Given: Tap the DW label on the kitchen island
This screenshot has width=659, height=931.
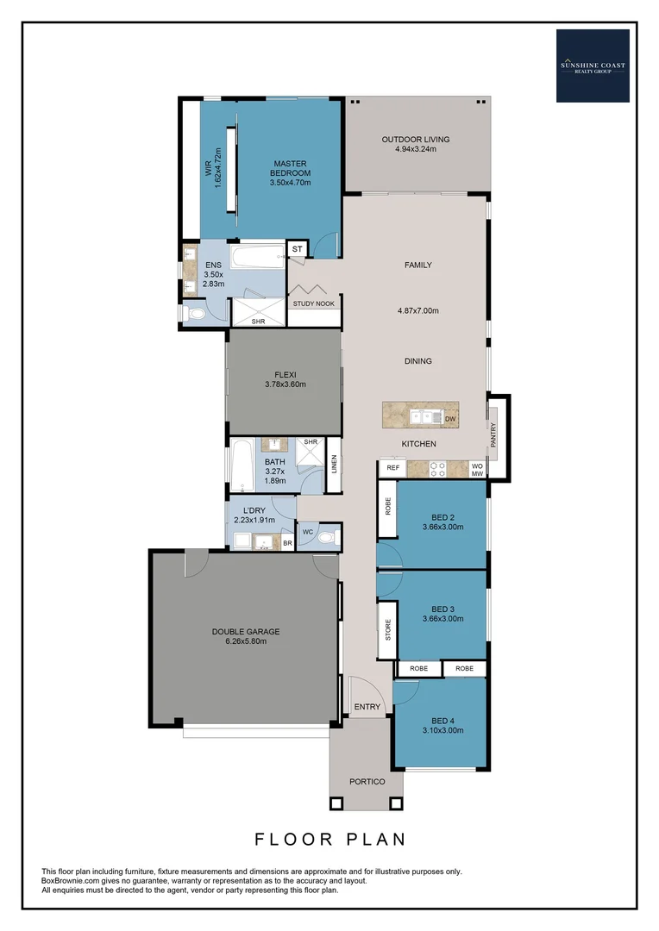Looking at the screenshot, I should pos(449,419).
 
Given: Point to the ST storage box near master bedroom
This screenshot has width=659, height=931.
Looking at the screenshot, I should pos(298,249).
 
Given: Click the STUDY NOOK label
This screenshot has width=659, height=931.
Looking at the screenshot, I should pos(314,304).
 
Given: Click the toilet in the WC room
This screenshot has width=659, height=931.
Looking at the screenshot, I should pos(324,536).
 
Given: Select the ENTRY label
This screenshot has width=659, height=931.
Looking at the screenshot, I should pos(367,707).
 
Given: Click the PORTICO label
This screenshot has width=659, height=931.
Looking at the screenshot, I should pos(367,782).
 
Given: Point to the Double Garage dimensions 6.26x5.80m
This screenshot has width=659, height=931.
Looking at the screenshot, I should pos(246,641).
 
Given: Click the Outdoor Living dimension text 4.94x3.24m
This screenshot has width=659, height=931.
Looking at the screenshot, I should pos(416,149).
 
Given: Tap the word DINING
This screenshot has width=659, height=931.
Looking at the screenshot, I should pos(417,361).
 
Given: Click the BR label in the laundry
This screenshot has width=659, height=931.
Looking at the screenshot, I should pos(287,543).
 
